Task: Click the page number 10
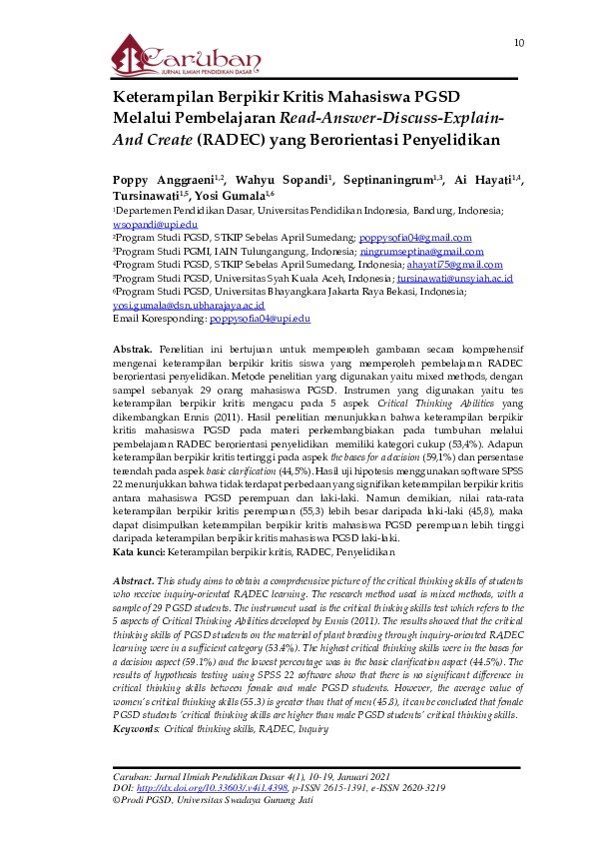[x=519, y=43]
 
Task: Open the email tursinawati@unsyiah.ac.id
[x=454, y=279]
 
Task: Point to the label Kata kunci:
[x=138, y=550]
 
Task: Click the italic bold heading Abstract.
[x=134, y=580]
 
